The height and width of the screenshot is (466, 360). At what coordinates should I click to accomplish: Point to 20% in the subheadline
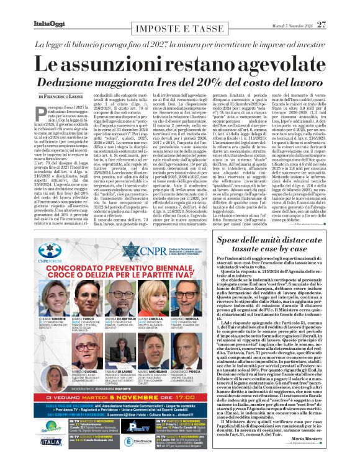194,81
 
